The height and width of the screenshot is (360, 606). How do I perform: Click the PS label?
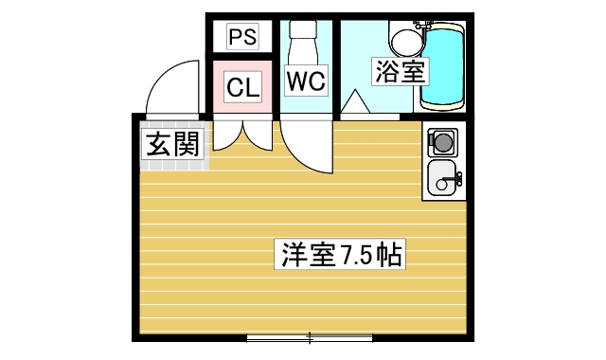click(242, 38)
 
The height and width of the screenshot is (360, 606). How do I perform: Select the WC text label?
click(306, 81)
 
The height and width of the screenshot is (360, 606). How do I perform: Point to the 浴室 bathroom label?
click(398, 71)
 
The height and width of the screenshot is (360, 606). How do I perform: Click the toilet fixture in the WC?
click(305, 43)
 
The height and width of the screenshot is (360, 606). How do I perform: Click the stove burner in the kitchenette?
click(441, 143)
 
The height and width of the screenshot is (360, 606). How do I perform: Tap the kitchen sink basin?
click(442, 177)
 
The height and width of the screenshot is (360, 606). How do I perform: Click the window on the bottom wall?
click(310, 337)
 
